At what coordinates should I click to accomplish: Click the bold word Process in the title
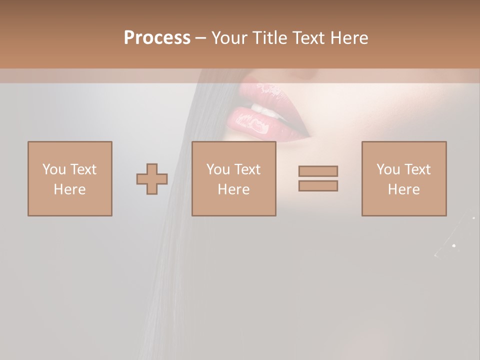pyautogui.click(x=157, y=38)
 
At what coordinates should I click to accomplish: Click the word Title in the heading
pyautogui.click(x=270, y=38)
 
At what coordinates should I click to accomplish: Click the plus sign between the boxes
pyautogui.click(x=152, y=179)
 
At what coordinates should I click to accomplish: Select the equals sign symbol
pyautogui.click(x=318, y=178)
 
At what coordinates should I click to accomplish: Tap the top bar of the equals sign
pyautogui.click(x=318, y=171)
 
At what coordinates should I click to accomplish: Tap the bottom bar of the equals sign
pyautogui.click(x=318, y=186)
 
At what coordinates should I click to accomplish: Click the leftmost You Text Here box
pyautogui.click(x=69, y=178)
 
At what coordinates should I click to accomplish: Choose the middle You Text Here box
pyautogui.click(x=233, y=178)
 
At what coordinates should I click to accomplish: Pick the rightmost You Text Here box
pyautogui.click(x=403, y=178)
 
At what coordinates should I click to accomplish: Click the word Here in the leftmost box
pyautogui.click(x=69, y=189)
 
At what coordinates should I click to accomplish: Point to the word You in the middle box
pyautogui.click(x=217, y=169)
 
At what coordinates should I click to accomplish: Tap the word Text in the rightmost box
pyautogui.click(x=418, y=169)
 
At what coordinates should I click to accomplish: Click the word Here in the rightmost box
pyautogui.click(x=403, y=189)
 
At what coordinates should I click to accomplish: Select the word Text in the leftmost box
pyautogui.click(x=84, y=169)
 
